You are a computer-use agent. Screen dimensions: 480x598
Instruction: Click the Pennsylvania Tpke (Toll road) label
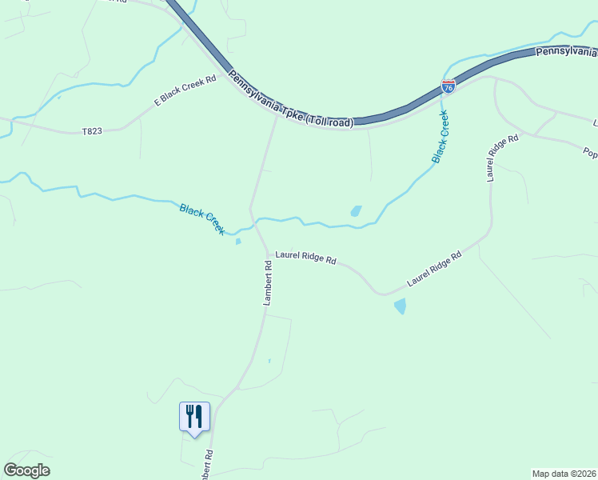point(289,100)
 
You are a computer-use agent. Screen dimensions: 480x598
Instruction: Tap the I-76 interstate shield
point(448,86)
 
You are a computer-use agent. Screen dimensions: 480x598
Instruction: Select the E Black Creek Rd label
point(185,91)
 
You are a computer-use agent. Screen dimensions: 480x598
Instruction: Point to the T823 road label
point(92,131)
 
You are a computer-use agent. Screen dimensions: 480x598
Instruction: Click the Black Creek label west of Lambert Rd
point(202,218)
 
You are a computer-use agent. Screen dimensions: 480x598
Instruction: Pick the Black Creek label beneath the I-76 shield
point(441,137)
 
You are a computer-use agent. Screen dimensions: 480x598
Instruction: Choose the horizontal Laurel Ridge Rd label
point(305,259)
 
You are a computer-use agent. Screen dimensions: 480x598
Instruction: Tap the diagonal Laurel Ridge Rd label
point(435,269)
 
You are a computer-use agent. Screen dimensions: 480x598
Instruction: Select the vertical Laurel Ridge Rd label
point(492,158)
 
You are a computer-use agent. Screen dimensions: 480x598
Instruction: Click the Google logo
point(26,470)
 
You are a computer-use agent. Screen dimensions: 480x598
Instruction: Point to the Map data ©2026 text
point(564,473)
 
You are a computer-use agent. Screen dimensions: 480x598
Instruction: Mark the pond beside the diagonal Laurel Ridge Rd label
point(400,306)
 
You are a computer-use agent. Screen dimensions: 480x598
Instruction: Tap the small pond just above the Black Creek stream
point(356,211)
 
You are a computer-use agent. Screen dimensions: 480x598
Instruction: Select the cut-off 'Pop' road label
point(590,151)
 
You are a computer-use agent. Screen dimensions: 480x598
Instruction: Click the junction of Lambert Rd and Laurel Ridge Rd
point(268,253)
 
